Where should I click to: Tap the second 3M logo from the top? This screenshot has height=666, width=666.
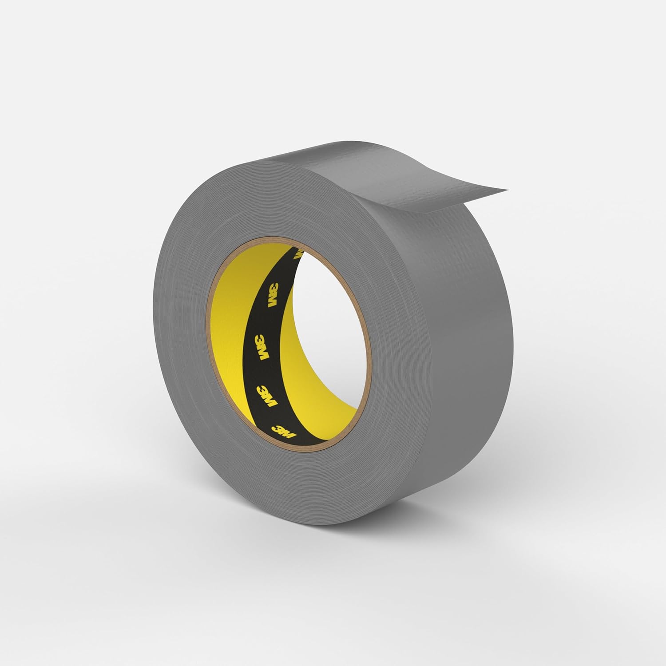270,283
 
